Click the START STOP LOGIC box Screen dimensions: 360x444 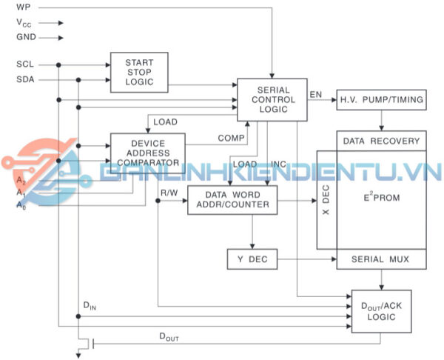pyautogui.click(x=139, y=72)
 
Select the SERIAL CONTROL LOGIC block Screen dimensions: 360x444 pyautogui.click(x=271, y=99)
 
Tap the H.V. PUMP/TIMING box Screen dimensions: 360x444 pyautogui.click(x=380, y=99)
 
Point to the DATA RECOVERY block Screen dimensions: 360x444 pyautogui.click(x=381, y=140)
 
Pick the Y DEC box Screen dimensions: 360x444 pyautogui.click(x=252, y=259)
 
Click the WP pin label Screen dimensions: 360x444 pyautogui.click(x=23, y=7)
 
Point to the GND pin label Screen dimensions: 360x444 pyautogui.click(x=24, y=36)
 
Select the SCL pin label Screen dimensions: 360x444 pyautogui.click(x=24, y=64)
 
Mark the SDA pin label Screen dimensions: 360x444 pyautogui.click(x=24, y=79)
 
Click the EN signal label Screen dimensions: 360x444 pyautogui.click(x=316, y=94)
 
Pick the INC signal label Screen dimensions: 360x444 pyautogui.click(x=279, y=164)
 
